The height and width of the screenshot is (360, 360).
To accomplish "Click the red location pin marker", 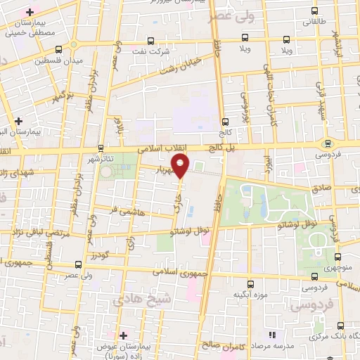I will tap(181, 165).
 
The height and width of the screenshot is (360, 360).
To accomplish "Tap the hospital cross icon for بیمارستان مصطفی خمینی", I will tap(30, 13).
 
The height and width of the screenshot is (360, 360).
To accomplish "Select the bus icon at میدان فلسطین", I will tap(58, 49).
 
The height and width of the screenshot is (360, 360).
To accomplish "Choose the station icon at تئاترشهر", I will tap(101, 148).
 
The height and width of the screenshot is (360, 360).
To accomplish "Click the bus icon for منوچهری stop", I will tap(338, 257).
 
